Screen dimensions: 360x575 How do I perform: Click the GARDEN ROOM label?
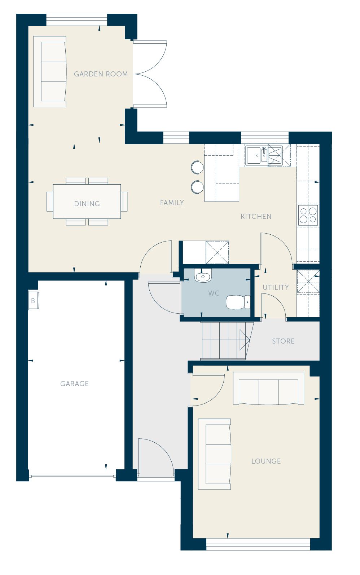[101, 74]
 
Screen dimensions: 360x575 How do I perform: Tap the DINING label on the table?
[87, 204]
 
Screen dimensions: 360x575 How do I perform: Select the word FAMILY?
[172, 203]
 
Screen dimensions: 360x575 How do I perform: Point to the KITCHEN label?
[256, 216]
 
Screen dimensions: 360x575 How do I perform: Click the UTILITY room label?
[276, 287]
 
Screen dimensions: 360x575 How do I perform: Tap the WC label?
[214, 293]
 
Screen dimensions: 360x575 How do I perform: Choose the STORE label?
[283, 341]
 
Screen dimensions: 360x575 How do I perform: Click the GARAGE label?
[74, 384]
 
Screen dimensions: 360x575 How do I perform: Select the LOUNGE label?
[266, 461]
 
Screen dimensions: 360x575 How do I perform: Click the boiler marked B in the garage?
[34, 300]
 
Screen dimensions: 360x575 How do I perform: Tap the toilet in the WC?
[238, 302]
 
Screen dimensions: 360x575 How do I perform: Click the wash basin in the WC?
[203, 276]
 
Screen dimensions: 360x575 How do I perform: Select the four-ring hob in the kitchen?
[308, 215]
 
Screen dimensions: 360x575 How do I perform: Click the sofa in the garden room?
[50, 71]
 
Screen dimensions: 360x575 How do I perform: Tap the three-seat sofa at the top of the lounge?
[269, 388]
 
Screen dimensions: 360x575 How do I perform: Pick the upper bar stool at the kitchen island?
[197, 167]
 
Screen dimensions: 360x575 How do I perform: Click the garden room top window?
[76, 20]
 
